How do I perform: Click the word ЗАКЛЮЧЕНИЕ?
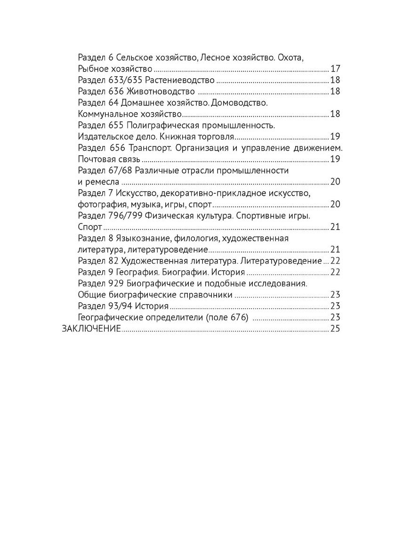point(91,328)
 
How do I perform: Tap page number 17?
point(335,69)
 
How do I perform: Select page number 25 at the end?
point(335,328)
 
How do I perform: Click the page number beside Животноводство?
point(335,91)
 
